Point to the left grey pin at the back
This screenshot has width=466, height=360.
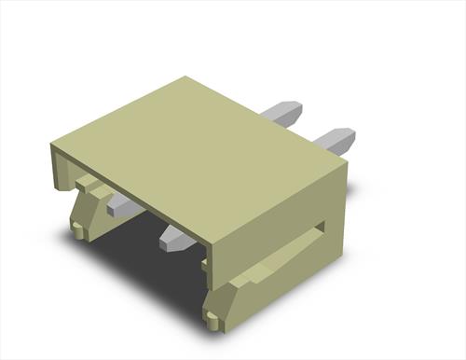280,114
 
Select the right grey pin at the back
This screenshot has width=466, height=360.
333,141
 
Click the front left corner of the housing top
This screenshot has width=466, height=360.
53,143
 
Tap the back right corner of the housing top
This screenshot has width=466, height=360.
346,160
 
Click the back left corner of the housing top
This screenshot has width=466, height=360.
186,77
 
